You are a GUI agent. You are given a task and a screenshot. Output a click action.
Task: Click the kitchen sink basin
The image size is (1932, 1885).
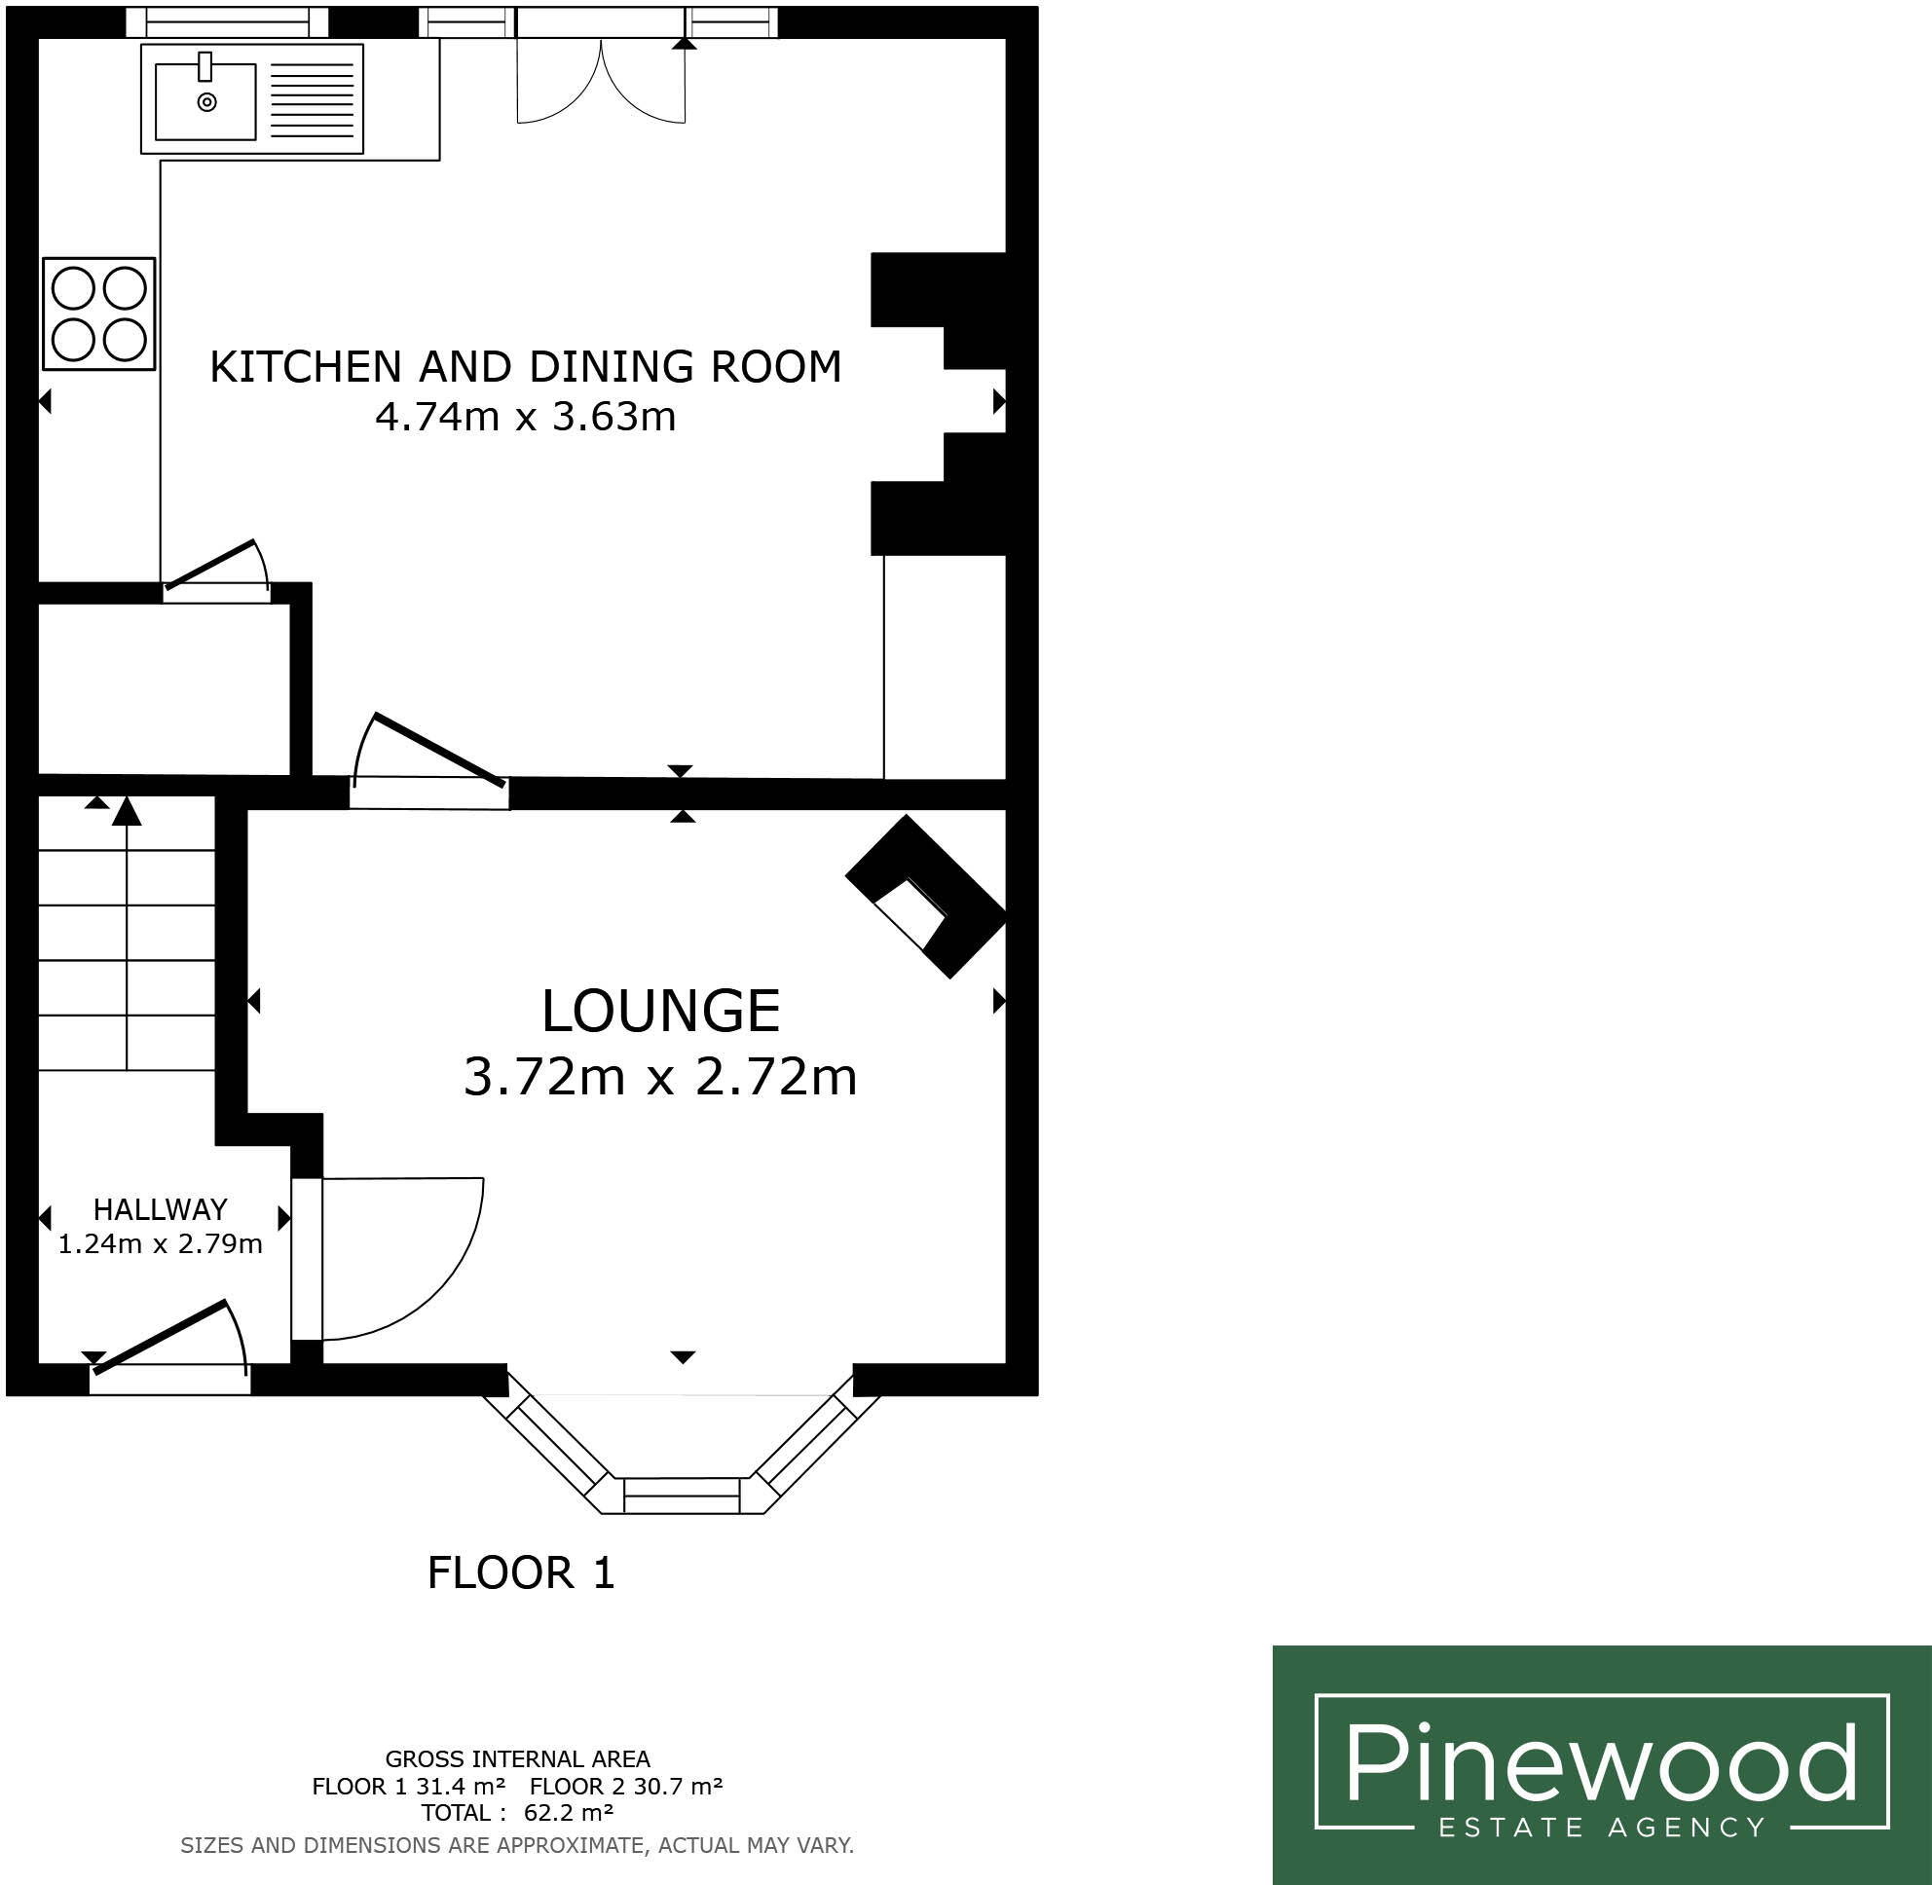click(x=205, y=101)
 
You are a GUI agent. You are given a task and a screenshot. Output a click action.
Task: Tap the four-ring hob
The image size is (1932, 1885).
click(x=99, y=314)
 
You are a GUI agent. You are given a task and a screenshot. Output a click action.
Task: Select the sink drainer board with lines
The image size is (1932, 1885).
click(x=311, y=101)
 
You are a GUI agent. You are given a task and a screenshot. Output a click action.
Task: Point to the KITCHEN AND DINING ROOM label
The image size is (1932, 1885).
click(x=525, y=367)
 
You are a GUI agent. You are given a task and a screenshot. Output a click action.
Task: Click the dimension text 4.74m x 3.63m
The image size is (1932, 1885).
click(x=525, y=417)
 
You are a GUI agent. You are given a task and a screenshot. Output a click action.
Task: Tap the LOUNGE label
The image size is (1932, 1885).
click(x=660, y=1011)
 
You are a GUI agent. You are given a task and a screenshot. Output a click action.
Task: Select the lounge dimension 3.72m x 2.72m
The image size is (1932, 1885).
click(x=660, y=1077)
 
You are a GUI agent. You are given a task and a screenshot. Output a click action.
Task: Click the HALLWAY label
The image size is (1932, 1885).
click(x=161, y=1209)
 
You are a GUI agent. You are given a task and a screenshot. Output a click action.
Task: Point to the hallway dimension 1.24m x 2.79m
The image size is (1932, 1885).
click(x=161, y=1244)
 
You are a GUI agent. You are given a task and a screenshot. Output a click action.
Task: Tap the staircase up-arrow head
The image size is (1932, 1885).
click(x=127, y=811)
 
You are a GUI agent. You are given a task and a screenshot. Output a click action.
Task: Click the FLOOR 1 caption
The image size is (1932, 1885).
click(x=521, y=1573)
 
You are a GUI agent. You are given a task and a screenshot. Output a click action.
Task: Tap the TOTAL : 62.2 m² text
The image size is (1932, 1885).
click(x=517, y=1813)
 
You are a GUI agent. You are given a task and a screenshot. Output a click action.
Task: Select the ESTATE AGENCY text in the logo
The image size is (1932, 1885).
click(x=1601, y=1827)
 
